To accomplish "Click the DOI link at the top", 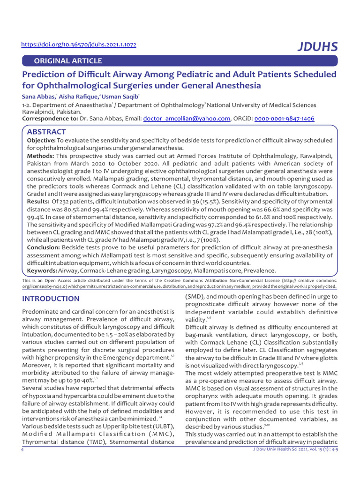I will click(79, 45).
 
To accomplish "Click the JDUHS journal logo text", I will click(317, 46).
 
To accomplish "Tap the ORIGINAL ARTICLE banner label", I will click(65, 61).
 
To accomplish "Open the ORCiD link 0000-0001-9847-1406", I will click(284, 119).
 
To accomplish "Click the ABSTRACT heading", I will click(46, 132).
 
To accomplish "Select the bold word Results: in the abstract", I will click(38, 201).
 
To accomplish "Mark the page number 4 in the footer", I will click(22, 450).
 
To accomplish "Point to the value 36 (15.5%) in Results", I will click(182, 201).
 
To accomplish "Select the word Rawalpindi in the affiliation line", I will click(39, 112).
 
